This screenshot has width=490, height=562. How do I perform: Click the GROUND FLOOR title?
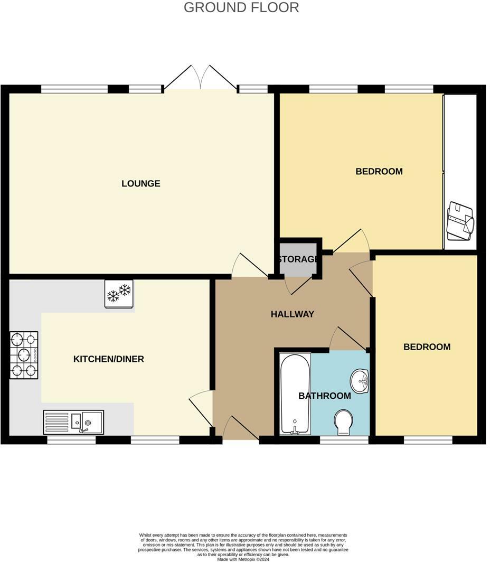tap(241, 7)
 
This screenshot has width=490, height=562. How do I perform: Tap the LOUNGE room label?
tap(140, 184)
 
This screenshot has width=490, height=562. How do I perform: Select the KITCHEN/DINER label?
tap(108, 359)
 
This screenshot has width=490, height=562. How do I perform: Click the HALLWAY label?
tap(292, 314)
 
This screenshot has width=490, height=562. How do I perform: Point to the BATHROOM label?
tap(324, 396)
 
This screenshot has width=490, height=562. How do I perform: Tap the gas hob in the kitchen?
tap(24, 355)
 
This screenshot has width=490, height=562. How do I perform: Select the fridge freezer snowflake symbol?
tap(119, 293)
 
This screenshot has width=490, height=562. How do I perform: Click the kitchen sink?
tap(74, 422)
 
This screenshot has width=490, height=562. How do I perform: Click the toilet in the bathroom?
tap(344, 422)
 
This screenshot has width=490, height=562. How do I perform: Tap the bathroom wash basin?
tap(360, 380)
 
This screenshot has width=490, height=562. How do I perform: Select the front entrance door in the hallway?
tap(241, 429)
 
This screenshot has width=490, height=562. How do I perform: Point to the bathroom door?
tap(347, 339)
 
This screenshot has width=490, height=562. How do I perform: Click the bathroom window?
tap(344, 439)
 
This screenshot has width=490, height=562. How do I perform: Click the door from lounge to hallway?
tap(250, 266)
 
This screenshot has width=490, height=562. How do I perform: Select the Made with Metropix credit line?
tap(243, 559)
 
